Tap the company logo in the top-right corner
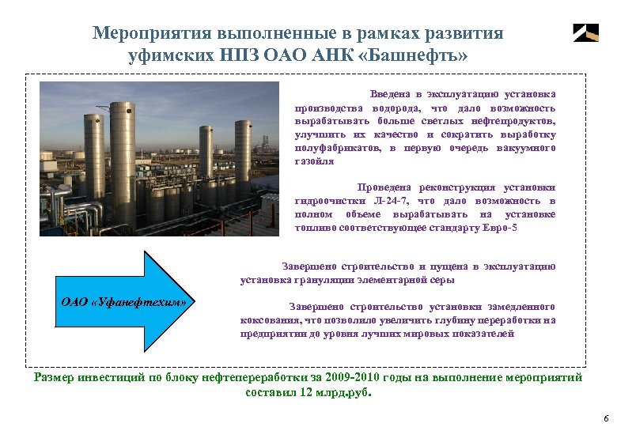point(585,32)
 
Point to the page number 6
point(605,418)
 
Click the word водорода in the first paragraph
point(397,108)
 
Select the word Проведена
point(384,188)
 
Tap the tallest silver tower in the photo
point(123,162)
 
